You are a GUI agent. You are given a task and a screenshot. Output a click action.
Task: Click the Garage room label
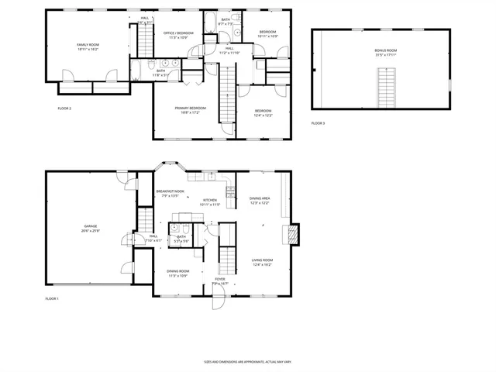pos(90,228)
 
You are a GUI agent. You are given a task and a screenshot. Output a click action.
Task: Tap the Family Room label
pos(88,47)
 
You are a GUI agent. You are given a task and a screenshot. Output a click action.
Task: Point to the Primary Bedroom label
pos(190,110)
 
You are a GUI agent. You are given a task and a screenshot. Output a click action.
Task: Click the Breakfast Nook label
pos(170,193)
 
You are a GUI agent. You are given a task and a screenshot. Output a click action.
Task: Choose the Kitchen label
pos(211,201)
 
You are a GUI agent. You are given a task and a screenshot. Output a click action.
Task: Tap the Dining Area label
pos(260,201)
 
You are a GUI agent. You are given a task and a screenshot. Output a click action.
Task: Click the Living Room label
pos(262,262)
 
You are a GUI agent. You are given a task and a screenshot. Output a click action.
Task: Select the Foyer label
pos(220,281)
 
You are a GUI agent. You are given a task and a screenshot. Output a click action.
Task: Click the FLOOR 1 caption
pos(52,298)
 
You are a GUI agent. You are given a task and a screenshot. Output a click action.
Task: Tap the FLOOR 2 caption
pos(64,108)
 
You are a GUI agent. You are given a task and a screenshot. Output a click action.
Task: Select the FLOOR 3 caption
pos(319,123)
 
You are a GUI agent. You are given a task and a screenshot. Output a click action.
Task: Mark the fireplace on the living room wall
pos(291,233)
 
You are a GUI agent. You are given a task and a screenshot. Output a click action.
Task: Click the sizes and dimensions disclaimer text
pos(247,361)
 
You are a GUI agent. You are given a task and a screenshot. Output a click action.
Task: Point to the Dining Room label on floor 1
pos(177,273)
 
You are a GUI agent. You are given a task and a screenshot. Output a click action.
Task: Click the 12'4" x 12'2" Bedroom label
pos(263,112)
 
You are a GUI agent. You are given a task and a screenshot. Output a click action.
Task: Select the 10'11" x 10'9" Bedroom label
pos(267,34)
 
